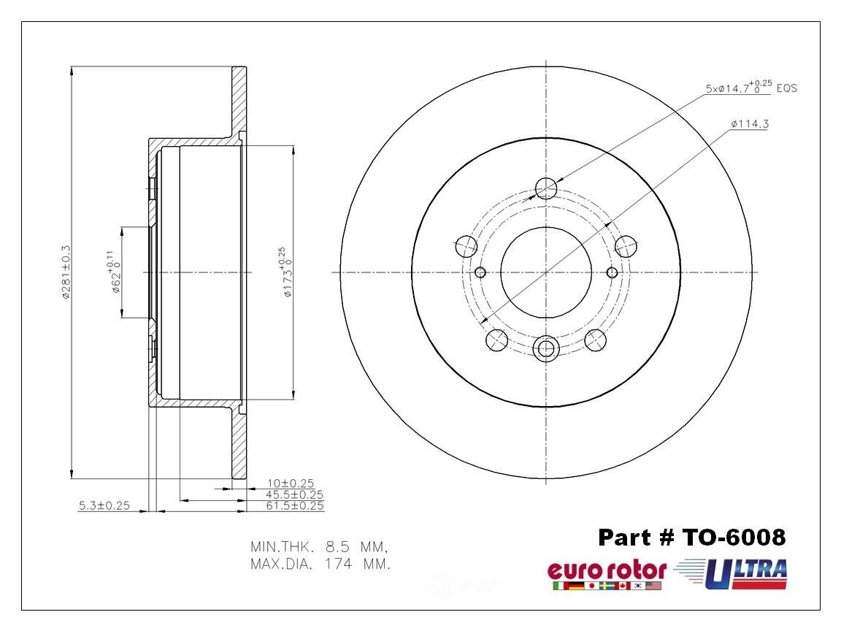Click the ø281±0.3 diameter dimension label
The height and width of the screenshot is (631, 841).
[x=65, y=272]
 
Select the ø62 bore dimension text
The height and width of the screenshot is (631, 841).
[x=113, y=272]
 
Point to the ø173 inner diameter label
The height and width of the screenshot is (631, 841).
[x=285, y=272]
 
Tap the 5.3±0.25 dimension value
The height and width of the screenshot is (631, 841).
[x=104, y=505]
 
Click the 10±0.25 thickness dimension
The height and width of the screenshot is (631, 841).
[x=290, y=483]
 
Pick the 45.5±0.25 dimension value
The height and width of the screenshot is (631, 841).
[x=294, y=494]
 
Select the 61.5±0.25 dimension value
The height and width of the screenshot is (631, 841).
[x=295, y=505]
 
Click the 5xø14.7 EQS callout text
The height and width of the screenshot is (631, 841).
[x=750, y=88]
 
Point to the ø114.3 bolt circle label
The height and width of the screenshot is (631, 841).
[x=748, y=124]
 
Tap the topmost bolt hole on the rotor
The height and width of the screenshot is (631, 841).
[x=546, y=188]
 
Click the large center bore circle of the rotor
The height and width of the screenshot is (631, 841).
[x=545, y=272]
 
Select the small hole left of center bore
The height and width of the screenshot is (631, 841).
[x=480, y=272]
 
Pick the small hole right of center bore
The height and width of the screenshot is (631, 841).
[x=612, y=272]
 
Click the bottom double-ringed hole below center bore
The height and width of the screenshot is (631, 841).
[x=546, y=348]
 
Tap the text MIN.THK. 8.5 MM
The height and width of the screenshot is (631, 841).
[x=318, y=546]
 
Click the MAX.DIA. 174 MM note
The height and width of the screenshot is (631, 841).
[x=319, y=564]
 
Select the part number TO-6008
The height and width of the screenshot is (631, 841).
[x=692, y=538]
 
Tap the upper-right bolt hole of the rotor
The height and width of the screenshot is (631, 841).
[x=626, y=246]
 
